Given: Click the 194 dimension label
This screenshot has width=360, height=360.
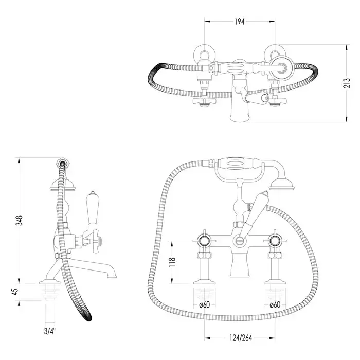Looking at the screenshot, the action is point(240,22).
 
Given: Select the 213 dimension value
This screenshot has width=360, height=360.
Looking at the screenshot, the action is point(347,83).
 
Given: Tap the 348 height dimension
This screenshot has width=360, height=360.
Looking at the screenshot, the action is point(20,221).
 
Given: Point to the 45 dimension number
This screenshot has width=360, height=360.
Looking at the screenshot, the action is point(15,292).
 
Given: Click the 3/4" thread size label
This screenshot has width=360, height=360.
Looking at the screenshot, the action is point(50,331).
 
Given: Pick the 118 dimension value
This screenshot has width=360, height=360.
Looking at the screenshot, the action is point(172,262).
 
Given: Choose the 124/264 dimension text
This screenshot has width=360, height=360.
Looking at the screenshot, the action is point(241,338).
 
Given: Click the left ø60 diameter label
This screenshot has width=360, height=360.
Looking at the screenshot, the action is point(205,304).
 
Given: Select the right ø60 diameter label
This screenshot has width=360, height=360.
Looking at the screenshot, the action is point(275,304).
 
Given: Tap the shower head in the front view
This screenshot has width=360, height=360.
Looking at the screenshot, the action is point(281,184).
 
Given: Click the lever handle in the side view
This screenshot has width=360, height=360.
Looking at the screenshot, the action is point(93,207).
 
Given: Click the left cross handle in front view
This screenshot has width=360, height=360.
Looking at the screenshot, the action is point(204,241).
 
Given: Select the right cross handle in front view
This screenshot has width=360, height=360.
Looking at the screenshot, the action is point(275,241).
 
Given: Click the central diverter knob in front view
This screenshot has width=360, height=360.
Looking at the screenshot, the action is point(240,241).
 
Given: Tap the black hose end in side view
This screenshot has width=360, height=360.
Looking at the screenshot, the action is point(87,316).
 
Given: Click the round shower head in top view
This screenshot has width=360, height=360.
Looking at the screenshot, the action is point(282,68).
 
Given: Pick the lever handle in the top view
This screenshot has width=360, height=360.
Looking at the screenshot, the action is point(255,97).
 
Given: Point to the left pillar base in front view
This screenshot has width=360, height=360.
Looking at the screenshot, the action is point(204,281).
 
